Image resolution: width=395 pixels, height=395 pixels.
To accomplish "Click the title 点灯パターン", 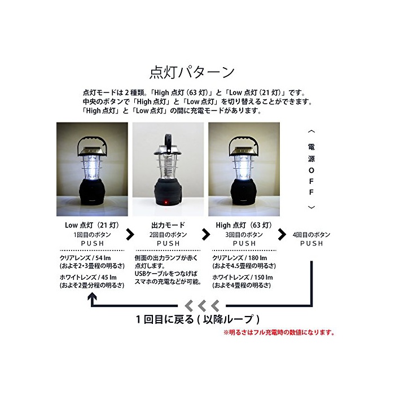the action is pos(192,73).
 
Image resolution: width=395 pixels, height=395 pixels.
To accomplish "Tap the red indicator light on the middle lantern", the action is pos(166,202).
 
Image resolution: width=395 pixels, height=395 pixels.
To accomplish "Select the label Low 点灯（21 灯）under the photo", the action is pos(92,225).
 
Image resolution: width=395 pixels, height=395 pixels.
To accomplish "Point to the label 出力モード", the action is pos(168,225).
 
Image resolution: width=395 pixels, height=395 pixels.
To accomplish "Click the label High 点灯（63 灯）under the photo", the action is pos(244,225).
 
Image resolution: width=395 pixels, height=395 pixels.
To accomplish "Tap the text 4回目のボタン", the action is pos(311,235).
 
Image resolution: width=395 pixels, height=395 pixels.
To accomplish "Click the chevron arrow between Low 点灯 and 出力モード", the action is pos(130,234).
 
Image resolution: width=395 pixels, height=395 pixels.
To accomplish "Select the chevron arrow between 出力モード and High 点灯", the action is pos(206,234).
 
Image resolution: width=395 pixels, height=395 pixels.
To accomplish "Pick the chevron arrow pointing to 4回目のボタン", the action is pos(282,234).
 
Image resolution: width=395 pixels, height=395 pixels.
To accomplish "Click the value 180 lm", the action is pos(257,258).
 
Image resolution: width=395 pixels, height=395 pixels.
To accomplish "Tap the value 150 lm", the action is pos(264,278).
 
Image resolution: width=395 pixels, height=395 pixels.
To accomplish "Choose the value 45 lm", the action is pos(109,278).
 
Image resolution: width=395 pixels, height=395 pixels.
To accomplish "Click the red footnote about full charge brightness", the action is pos(279,332).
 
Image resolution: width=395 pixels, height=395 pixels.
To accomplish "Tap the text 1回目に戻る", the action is pos(165,319).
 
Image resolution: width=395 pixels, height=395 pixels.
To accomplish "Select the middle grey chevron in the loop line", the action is pos(202,306).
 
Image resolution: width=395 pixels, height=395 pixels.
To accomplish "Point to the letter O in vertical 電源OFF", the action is pos(311,170).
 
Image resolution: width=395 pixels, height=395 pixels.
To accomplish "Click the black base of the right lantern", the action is pos(244,192).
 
